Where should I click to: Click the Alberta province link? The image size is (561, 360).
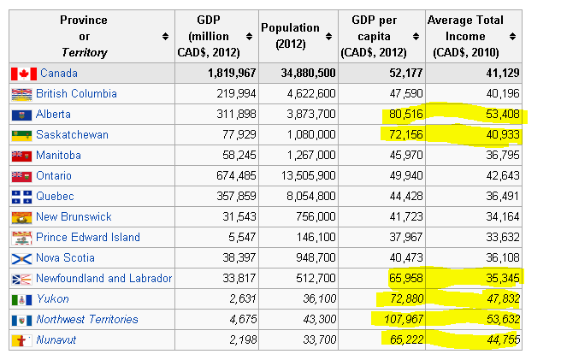[53, 114]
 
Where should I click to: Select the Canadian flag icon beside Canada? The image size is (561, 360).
[24, 74]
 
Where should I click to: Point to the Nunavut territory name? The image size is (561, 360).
[56, 339]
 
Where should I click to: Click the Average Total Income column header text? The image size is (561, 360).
[465, 36]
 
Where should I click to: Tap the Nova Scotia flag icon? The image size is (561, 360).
[21, 257]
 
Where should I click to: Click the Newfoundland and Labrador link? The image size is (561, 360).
[103, 278]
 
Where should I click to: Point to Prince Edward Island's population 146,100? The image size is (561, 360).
[314, 237]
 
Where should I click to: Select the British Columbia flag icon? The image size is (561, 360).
[21, 93]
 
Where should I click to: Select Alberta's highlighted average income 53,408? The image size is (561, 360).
[500, 114]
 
